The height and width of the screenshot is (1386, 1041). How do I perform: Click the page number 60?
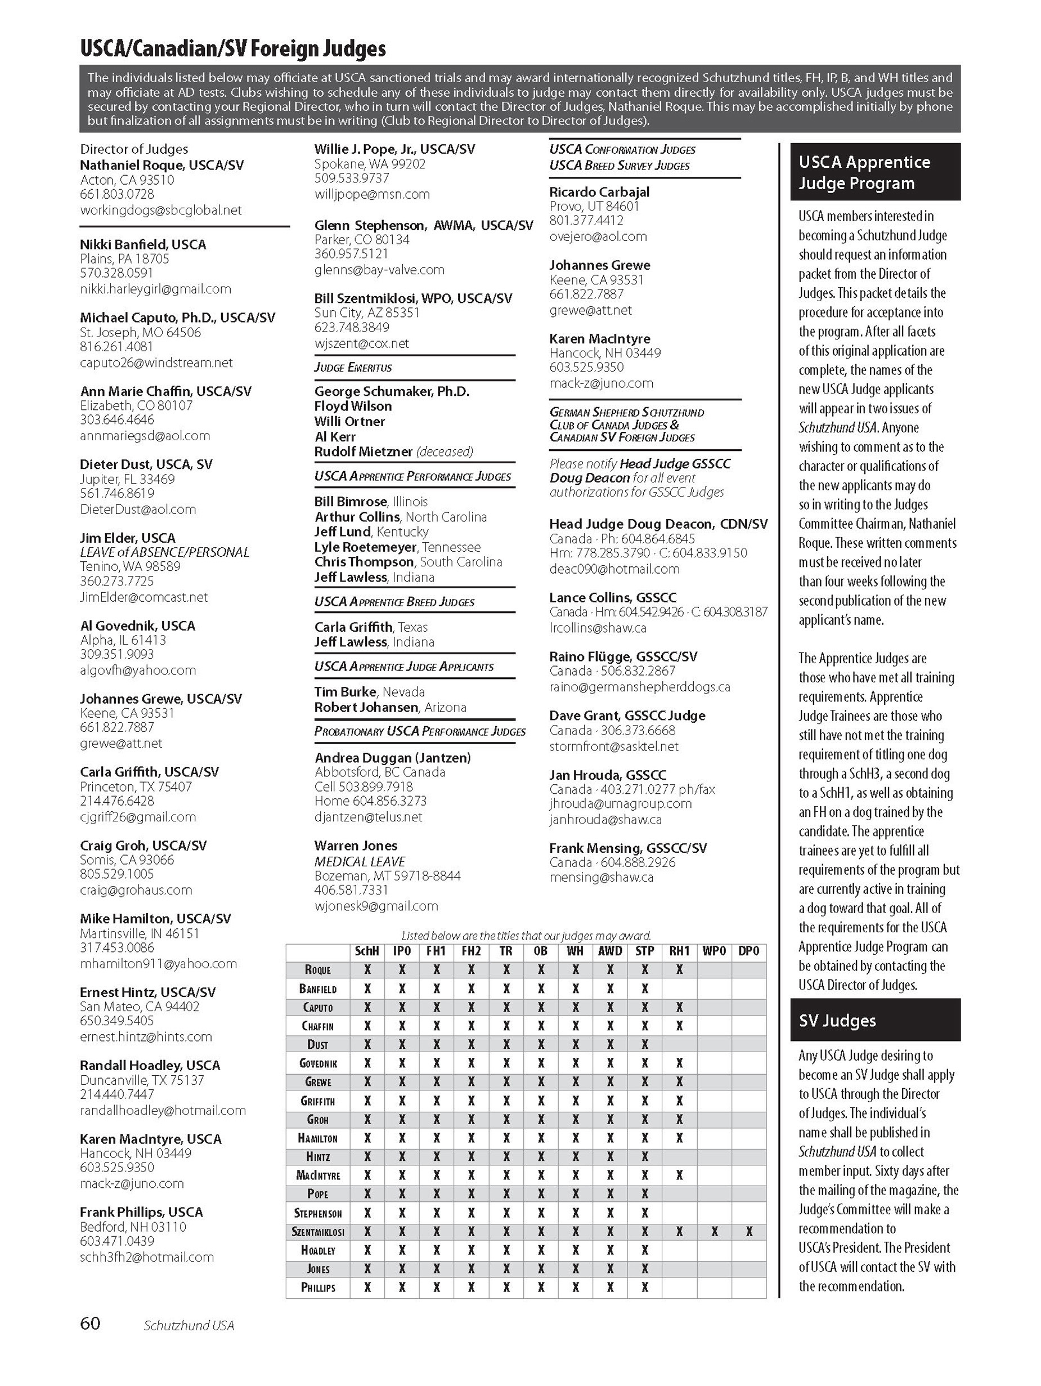click(90, 1323)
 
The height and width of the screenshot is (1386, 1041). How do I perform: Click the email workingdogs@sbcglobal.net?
click(161, 210)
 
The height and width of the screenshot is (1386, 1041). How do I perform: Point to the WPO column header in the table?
click(714, 951)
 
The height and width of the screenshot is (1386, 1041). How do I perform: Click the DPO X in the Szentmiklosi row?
click(749, 1232)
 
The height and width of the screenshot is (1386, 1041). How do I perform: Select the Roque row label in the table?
click(317, 970)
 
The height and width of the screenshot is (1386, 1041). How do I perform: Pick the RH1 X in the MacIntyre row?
click(680, 1175)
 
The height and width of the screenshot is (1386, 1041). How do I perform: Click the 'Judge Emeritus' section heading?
click(353, 367)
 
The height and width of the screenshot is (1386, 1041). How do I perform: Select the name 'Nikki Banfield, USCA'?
click(143, 244)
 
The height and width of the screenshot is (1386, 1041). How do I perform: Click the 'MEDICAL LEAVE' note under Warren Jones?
click(360, 861)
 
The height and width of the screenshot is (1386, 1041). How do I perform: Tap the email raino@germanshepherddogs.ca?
click(639, 687)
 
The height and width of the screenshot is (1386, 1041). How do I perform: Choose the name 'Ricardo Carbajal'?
click(599, 192)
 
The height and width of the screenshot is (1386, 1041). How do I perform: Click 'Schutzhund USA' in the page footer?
click(189, 1325)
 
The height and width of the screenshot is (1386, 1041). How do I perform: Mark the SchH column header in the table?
click(367, 951)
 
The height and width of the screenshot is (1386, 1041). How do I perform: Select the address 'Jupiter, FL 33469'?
click(127, 479)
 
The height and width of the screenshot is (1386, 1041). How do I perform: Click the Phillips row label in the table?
click(318, 1287)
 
